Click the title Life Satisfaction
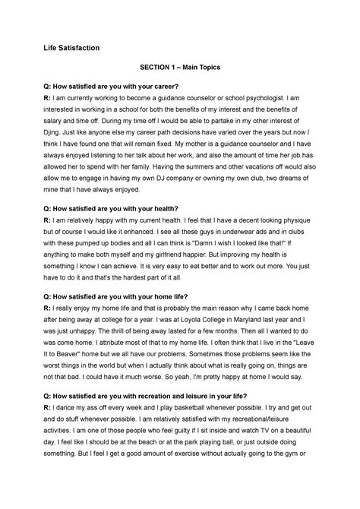[75, 48]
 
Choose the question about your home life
[127, 296]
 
